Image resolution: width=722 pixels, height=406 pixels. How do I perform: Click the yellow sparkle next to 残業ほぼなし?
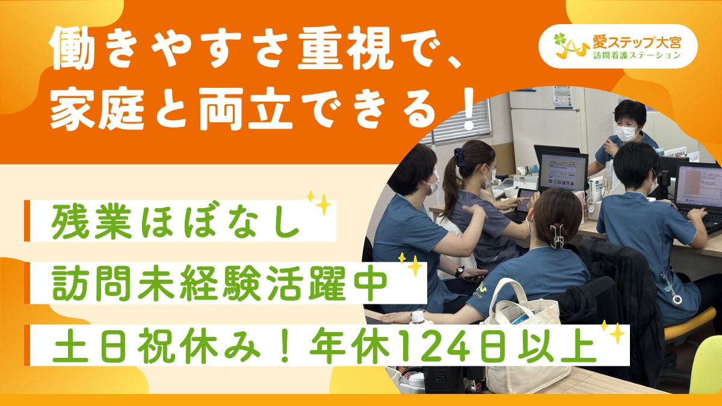coord(321,205)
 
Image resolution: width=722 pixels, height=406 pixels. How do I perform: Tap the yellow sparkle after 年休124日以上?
coord(614,333)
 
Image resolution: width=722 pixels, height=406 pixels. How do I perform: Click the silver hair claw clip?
coord(557,235)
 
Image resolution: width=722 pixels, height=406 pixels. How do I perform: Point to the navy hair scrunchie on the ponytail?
coord(460,157)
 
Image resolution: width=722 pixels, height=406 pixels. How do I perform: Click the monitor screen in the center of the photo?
coord(563,172)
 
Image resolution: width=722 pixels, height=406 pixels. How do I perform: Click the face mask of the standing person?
coord(626,133)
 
